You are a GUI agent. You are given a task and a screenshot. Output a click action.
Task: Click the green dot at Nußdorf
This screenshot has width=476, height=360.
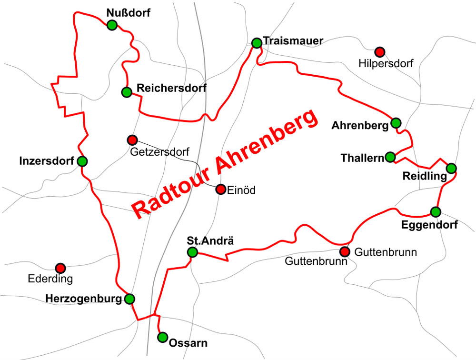112,25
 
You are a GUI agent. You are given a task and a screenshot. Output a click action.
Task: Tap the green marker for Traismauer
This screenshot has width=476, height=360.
257,43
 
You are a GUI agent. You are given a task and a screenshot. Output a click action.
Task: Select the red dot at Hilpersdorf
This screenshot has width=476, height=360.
379,51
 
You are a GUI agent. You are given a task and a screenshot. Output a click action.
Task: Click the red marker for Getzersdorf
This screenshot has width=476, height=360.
132,140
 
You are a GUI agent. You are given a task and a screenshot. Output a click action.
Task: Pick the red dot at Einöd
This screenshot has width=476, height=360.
220,190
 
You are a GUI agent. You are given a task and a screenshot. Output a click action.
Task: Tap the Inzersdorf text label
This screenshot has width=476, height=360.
47,161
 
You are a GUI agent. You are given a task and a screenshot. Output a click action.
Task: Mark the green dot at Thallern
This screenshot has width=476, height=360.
390,157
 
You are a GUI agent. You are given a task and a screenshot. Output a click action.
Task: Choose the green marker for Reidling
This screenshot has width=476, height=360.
451,168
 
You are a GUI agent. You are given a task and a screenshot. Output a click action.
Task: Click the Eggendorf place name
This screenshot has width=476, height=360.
429,225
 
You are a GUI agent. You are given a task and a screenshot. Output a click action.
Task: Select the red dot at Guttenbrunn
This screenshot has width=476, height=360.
345,251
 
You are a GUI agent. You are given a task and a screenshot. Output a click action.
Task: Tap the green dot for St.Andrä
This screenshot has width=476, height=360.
192,252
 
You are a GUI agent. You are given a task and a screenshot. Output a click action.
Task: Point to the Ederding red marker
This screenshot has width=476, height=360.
60,268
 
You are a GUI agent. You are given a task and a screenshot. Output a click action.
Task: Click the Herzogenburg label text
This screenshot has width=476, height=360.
83,299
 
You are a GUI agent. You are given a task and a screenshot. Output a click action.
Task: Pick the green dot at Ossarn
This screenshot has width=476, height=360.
162,337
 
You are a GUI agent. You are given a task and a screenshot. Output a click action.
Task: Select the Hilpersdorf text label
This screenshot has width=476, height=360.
386,63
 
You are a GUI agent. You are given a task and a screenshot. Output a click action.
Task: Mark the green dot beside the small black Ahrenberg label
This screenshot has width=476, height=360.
396,123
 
